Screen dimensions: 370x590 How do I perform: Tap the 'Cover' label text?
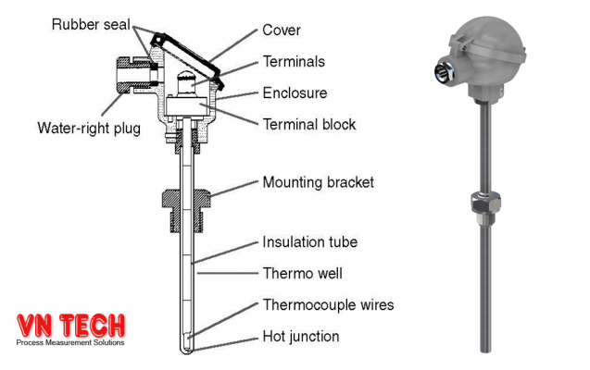282,30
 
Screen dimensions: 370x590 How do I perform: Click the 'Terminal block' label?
309,123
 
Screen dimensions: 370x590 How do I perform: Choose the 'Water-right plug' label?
89,129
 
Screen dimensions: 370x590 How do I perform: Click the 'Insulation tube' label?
310,242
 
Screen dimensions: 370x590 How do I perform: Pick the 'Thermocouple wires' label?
329,304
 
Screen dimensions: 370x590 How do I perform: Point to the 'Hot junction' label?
301,337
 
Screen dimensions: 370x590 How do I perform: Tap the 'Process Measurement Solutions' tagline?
69,343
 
